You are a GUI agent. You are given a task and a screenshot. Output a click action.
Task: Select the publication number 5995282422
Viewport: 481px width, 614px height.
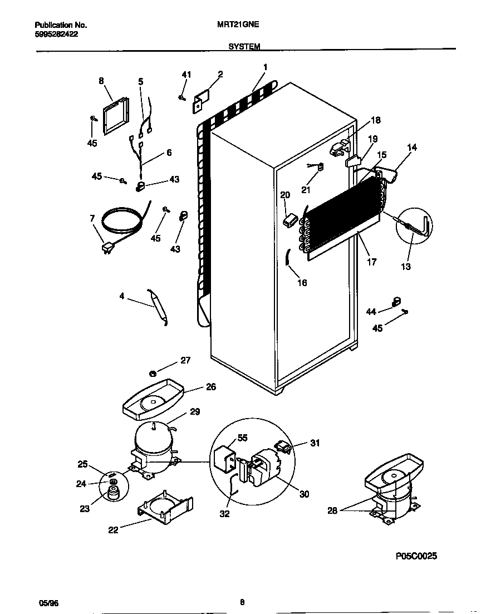pos(56,33)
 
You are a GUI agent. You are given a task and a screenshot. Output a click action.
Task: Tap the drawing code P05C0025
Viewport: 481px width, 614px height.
pos(416,556)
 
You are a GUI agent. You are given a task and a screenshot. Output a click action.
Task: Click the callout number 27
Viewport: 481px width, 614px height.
pos(185,361)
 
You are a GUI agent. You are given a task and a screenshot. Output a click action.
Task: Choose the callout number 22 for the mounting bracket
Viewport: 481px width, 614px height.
pos(113,529)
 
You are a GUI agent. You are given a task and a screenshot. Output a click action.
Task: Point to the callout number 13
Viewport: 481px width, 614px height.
pos(406,267)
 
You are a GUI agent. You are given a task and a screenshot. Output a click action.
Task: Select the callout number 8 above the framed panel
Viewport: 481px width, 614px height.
pos(101,81)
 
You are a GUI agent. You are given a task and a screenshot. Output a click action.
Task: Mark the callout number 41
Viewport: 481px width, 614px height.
pos(186,75)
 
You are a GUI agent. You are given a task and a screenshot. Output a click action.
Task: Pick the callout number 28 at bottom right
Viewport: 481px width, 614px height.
pos(332,510)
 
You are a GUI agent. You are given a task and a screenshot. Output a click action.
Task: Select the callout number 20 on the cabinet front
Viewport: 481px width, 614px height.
pos(285,195)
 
